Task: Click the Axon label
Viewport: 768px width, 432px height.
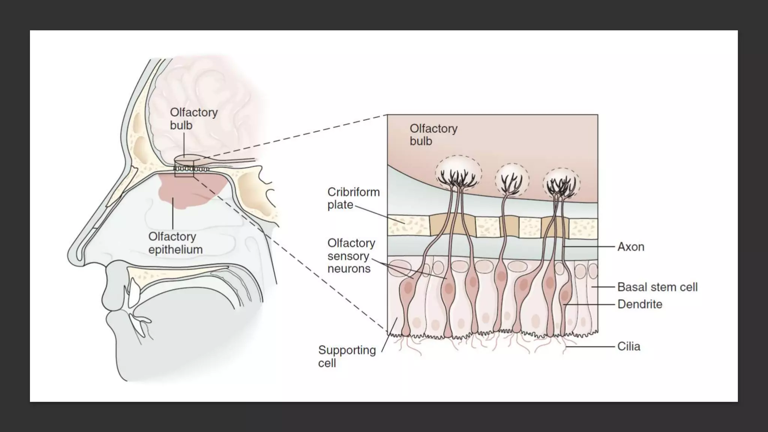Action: click(631, 247)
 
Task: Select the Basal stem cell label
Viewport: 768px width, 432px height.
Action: click(657, 287)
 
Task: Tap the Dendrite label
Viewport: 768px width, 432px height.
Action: click(640, 304)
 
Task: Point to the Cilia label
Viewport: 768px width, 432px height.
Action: click(628, 346)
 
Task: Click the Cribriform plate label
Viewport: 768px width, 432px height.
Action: click(353, 198)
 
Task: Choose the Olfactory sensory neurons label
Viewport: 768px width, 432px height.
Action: click(351, 256)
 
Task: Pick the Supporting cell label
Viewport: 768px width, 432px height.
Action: click(347, 356)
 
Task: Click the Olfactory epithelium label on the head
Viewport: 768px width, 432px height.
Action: click(175, 243)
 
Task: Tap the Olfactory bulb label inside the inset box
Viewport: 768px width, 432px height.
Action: click(433, 135)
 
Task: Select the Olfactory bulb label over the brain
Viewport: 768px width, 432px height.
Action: click(193, 118)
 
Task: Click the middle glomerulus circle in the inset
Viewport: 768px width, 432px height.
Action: click(512, 180)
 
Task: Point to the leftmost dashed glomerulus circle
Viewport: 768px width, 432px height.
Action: click(458, 173)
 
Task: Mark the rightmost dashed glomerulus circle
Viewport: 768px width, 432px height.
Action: click(561, 183)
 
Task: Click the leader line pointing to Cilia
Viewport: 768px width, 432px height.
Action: click(591, 347)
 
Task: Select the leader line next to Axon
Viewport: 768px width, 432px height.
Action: click(589, 247)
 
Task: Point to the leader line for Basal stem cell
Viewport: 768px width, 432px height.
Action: click(603, 287)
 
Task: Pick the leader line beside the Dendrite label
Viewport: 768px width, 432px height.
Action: click(589, 304)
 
